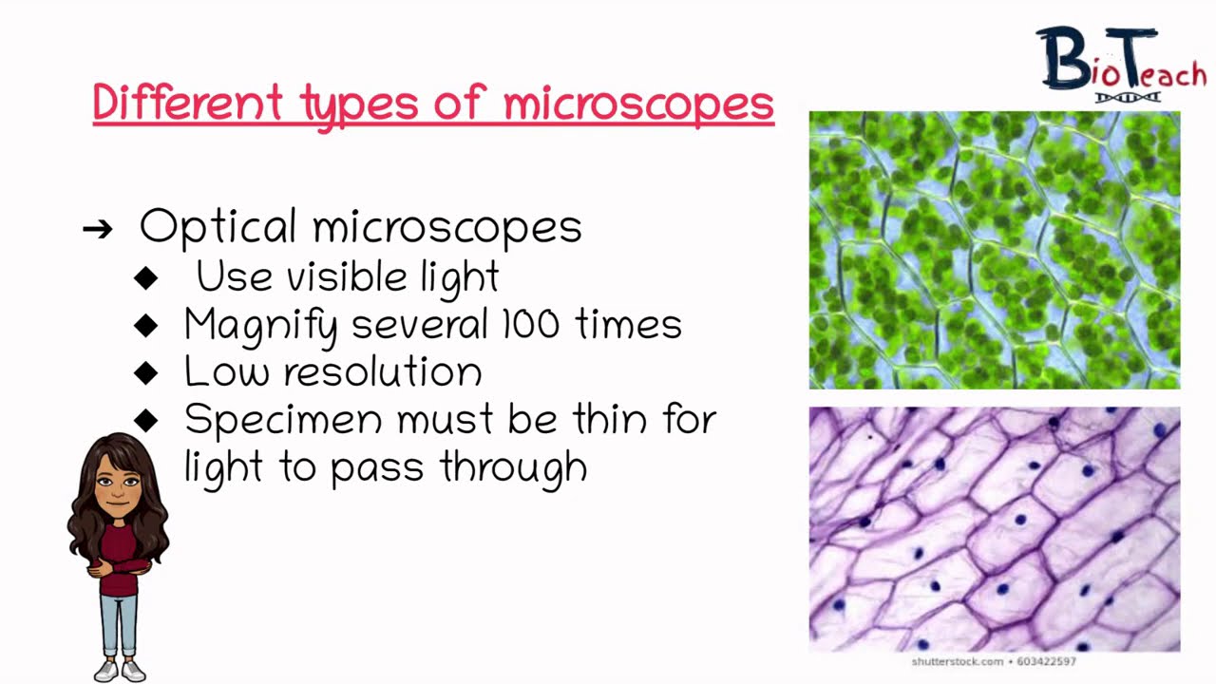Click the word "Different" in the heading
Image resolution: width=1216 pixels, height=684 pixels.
187,103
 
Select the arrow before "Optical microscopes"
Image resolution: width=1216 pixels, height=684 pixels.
97,228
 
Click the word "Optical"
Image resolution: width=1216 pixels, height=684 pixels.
218,228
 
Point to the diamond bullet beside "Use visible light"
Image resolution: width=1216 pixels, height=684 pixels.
146,277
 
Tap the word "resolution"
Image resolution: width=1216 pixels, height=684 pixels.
382,371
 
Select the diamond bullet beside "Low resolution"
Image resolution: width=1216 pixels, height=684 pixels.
146,372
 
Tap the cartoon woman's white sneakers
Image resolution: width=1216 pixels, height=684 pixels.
121,671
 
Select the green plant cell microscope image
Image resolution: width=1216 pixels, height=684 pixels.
994,250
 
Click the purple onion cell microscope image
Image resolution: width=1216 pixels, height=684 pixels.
994,529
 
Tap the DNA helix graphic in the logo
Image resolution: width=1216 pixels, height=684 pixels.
1127,97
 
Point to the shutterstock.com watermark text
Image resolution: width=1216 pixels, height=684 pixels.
993,661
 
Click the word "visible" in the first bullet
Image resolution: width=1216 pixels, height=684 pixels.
349,277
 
